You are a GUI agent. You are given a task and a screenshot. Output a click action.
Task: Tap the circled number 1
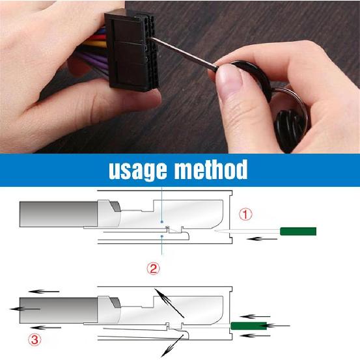click(245, 214)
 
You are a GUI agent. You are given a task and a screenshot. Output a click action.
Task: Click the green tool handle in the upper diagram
click(298, 231)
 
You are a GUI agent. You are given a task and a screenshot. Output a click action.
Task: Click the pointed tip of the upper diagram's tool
click(217, 231)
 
